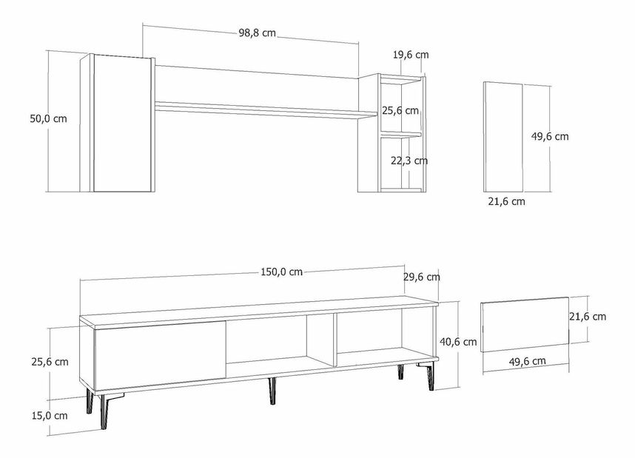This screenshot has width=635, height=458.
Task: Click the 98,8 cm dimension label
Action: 258,33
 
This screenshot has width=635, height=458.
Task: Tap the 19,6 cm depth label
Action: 411,55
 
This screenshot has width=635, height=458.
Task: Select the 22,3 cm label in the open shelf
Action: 409,161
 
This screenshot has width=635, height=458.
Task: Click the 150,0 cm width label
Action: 280,272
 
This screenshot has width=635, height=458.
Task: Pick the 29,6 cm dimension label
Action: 422,277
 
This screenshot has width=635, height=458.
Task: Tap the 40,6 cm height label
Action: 459,343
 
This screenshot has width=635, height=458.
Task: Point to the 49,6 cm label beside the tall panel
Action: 551,136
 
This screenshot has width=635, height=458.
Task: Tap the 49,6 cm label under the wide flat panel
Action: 528,361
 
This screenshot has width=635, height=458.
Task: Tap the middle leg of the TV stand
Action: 269,391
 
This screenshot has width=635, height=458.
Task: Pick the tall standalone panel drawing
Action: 503,136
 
